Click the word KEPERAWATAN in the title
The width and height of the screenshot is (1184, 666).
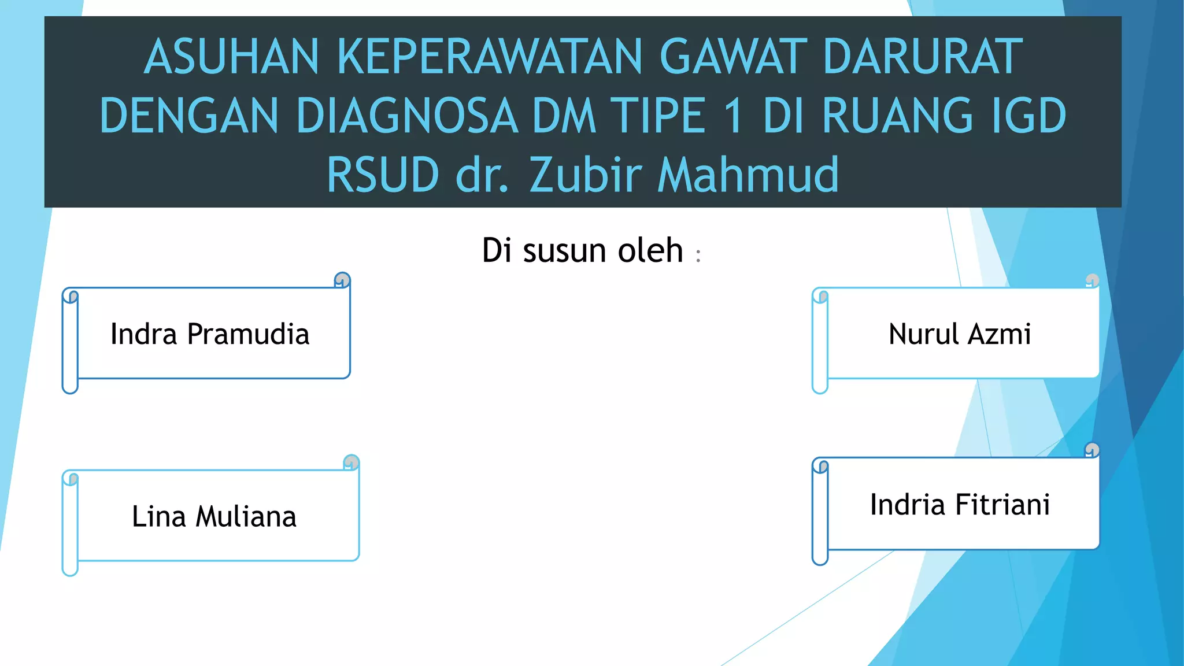point(489,57)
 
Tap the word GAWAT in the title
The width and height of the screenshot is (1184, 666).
point(733,57)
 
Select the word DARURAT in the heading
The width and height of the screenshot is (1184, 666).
point(923,57)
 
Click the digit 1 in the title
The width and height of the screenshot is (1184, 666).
point(733,116)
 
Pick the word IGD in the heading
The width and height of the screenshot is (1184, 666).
point(1021,116)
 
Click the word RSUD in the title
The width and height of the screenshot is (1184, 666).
point(383,175)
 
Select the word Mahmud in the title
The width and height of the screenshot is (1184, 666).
point(748,175)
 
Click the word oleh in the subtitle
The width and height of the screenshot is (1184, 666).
point(650,250)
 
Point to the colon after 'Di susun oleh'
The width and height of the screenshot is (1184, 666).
point(698,256)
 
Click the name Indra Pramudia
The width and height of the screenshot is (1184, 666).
point(210,334)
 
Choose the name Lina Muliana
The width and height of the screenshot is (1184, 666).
point(214,516)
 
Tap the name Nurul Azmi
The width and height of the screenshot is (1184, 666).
point(960,334)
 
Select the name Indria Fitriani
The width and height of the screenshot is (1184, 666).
point(960,504)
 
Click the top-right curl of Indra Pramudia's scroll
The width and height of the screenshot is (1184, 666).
point(342,280)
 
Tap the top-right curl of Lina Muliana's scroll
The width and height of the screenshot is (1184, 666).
point(351,462)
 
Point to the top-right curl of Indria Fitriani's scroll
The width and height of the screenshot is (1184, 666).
point(1091,450)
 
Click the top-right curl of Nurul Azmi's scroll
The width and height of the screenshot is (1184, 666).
point(1091,280)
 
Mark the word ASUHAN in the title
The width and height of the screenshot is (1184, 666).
point(231,57)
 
